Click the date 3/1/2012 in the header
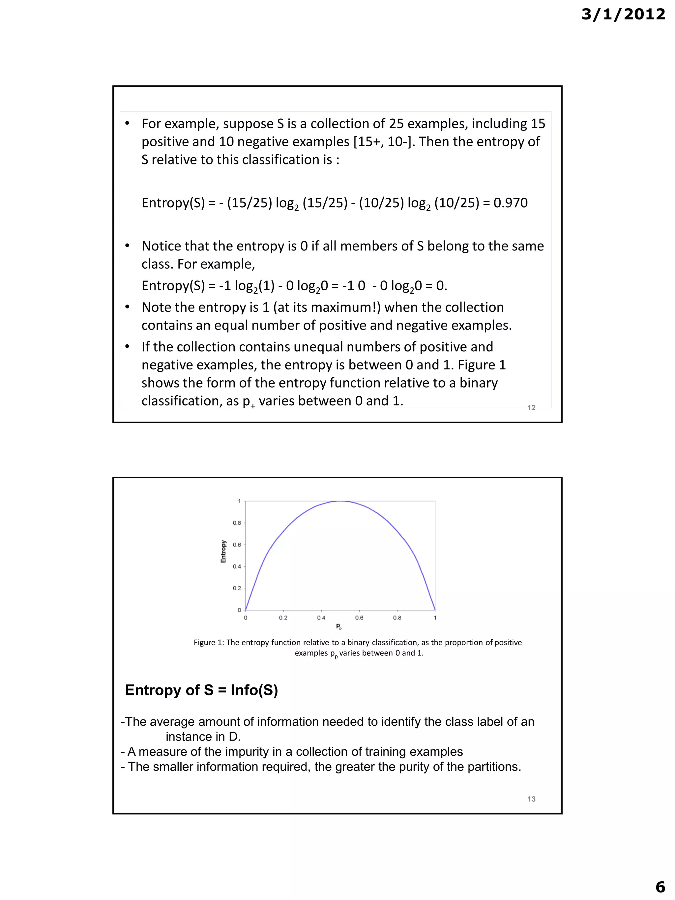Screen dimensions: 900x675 (623, 15)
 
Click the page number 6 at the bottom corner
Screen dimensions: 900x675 (660, 886)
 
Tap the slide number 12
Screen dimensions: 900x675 (531, 407)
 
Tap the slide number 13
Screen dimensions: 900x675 (531, 799)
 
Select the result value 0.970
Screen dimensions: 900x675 (510, 203)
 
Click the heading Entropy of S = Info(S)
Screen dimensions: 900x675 (201, 690)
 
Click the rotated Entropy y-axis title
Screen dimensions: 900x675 (223, 551)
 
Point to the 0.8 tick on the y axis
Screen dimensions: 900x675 (237, 523)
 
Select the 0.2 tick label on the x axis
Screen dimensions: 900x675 (283, 618)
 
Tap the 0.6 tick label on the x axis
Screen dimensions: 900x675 (359, 618)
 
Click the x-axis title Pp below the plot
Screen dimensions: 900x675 (339, 626)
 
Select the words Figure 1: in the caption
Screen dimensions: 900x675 (209, 642)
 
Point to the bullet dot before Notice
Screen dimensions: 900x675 (127, 246)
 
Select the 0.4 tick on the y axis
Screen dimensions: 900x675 (237, 566)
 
